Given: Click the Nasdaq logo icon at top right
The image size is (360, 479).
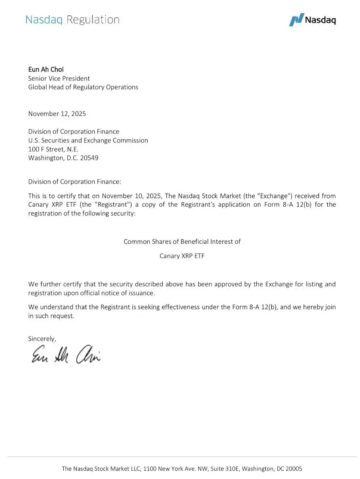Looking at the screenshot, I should (x=296, y=20).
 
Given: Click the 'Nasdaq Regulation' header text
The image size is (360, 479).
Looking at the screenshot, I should (x=73, y=20).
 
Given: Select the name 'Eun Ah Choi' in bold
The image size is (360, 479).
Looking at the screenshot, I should (x=46, y=69).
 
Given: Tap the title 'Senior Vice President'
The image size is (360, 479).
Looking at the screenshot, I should (x=59, y=78).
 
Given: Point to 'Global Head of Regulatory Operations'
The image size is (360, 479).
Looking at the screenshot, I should (x=83, y=87).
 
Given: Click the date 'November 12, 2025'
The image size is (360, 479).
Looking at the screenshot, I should (x=57, y=113).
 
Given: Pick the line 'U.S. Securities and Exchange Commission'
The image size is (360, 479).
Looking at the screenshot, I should (x=88, y=140).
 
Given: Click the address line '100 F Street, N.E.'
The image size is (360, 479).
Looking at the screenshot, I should (x=50, y=149).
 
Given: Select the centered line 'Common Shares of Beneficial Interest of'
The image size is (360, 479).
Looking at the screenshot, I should (x=182, y=242).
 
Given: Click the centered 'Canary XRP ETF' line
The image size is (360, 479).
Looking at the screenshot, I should (x=182, y=256).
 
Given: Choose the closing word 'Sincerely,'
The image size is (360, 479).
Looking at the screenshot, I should (x=42, y=338).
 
